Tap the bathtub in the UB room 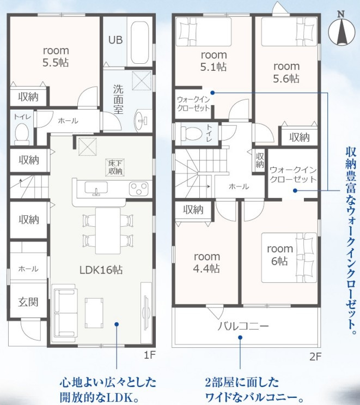tap(139, 44)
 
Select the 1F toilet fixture tap(22, 134)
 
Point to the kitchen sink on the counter tap(96, 188)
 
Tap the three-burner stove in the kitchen tap(139, 189)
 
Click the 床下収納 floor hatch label tap(115, 167)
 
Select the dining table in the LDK tap(108, 231)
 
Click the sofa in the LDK tap(64, 313)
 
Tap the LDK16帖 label tap(101, 270)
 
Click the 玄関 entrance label tap(28, 301)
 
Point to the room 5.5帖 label tap(56, 56)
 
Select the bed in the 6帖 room tap(289, 257)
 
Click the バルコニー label tap(243, 326)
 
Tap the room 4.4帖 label tap(207, 263)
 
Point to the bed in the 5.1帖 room tap(204, 32)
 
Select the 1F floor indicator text tap(149, 355)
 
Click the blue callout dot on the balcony tap(240, 337)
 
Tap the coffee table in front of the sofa tap(94, 313)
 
